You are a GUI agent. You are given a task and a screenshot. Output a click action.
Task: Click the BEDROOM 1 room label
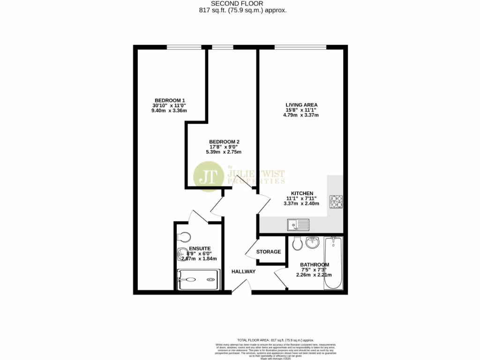point(170,100)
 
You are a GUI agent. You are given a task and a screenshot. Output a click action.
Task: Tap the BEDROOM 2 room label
point(225,142)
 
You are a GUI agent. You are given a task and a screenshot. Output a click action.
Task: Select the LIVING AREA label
point(301,105)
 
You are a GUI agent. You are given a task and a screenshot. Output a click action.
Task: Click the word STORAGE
point(269,252)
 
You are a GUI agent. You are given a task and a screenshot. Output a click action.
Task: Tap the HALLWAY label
point(243,271)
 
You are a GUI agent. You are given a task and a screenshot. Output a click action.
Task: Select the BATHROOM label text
point(314,264)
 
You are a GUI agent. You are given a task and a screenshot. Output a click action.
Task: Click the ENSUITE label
point(200,248)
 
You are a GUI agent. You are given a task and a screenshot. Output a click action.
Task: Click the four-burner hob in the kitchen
point(336,201)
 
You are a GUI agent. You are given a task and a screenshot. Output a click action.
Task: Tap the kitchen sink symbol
point(298,225)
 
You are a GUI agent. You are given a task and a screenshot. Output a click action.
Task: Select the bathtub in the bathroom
point(333,262)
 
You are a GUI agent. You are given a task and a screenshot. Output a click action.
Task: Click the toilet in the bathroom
point(296,243)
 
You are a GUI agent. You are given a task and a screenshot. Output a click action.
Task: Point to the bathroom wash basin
point(312,242)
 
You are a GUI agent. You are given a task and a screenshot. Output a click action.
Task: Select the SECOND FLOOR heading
point(240,3)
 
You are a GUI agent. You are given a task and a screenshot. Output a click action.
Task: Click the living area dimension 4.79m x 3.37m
point(301,115)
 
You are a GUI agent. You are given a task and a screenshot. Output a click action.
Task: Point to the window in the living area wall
point(300,46)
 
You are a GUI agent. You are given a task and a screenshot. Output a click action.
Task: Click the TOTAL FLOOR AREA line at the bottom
point(275,340)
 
